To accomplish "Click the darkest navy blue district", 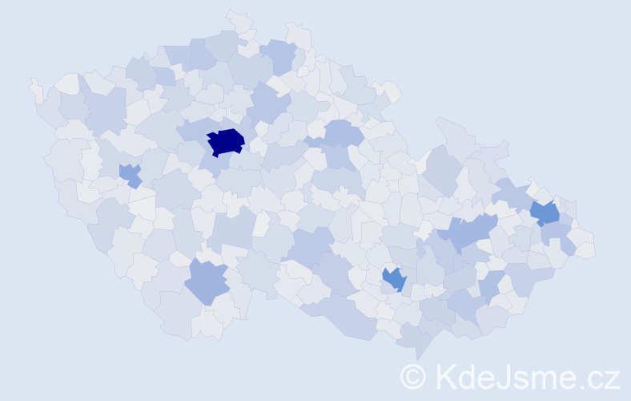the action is [x=226, y=141].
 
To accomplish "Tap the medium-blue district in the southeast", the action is [x=394, y=278].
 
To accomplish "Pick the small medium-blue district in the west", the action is [x=129, y=174].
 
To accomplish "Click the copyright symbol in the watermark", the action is [x=413, y=376].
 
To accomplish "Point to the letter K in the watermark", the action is [x=446, y=376].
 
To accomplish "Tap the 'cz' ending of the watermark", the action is [x=603, y=379].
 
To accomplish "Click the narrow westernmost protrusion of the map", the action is [x=35, y=88].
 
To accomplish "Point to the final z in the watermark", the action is [x=612, y=379].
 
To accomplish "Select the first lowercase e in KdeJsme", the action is [x=486, y=379].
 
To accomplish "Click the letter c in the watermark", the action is [x=595, y=379].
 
